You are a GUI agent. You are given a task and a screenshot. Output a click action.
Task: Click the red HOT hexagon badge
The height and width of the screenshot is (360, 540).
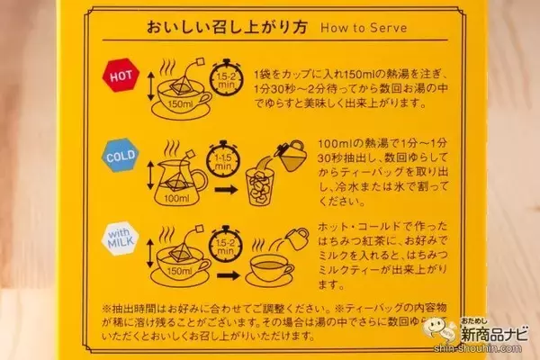point(121,75)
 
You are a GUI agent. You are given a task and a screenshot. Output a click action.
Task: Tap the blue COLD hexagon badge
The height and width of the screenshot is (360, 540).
point(121,156)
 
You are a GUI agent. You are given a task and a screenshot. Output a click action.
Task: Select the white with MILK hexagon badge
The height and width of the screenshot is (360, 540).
point(121,238)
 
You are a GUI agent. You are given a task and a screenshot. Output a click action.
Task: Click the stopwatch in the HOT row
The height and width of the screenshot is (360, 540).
point(226,77)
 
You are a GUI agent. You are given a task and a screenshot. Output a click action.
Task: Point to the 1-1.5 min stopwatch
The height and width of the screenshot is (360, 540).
point(223,159)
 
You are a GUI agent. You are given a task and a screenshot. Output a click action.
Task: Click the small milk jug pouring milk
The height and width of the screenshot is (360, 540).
point(297,238)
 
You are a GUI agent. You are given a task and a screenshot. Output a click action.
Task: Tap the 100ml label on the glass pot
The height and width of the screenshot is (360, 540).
point(176,198)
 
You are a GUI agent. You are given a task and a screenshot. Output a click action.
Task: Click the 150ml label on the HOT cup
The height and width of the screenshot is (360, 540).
point(181,103)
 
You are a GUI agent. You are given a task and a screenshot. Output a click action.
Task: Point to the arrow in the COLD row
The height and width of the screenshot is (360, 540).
point(226,190)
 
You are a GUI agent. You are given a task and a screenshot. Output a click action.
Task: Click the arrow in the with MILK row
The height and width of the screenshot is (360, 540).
point(229,275)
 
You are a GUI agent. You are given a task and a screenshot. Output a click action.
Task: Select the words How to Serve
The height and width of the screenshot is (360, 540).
point(364,28)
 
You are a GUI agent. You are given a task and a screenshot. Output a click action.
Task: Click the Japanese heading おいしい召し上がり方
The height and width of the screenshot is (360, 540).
point(227,28)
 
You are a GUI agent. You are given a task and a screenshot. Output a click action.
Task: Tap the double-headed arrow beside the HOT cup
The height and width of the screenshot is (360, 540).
point(150,86)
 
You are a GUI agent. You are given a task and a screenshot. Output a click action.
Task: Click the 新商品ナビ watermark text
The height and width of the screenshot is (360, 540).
point(494,335)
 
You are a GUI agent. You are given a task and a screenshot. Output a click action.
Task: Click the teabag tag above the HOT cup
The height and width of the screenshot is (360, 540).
point(200,63)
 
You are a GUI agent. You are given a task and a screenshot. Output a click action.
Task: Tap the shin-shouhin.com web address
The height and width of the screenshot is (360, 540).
point(478,348)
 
